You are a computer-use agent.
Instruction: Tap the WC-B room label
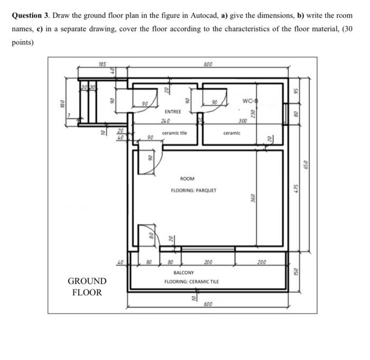[x=250, y=101]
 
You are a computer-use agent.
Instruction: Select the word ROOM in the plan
[x=188, y=179]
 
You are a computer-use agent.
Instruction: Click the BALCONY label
[x=183, y=273]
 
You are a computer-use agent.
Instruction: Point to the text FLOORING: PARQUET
[x=193, y=190]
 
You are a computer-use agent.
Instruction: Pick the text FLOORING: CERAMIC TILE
[x=191, y=282]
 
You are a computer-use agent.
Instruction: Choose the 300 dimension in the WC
[x=242, y=121]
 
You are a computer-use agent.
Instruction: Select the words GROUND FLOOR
[x=87, y=287]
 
